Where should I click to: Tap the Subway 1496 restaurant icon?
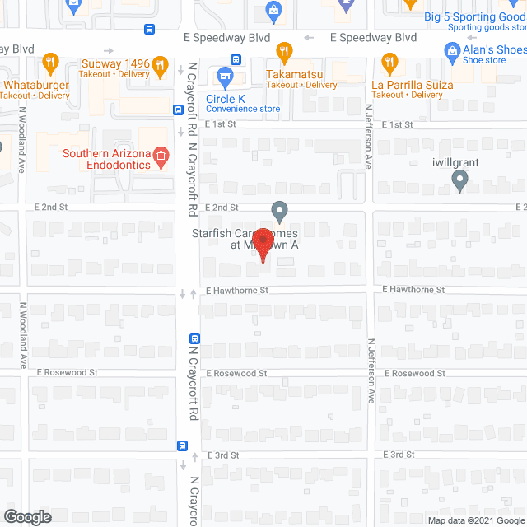pyautogui.click(x=49, y=62)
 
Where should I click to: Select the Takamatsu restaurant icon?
pyautogui.click(x=284, y=52)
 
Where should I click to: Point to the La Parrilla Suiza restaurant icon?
pyautogui.click(x=389, y=62)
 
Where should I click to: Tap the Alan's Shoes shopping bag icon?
pyautogui.click(x=451, y=52)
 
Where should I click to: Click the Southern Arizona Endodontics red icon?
pyautogui.click(x=161, y=156)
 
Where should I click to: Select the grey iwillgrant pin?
pyautogui.click(x=460, y=182)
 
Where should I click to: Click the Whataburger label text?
pyautogui.click(x=35, y=84)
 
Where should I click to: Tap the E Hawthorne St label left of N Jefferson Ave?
pyautogui.click(x=237, y=291)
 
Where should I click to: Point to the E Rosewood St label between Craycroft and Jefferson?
pyautogui.click(x=237, y=373)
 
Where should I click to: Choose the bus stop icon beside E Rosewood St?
pyautogui.click(x=195, y=338)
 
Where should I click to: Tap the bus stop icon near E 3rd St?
pyautogui.click(x=182, y=445)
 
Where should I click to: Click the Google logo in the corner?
pyautogui.click(x=26, y=516)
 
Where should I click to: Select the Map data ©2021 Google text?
pyautogui.click(x=476, y=520)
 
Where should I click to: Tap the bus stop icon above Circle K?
pyautogui.click(x=236, y=59)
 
